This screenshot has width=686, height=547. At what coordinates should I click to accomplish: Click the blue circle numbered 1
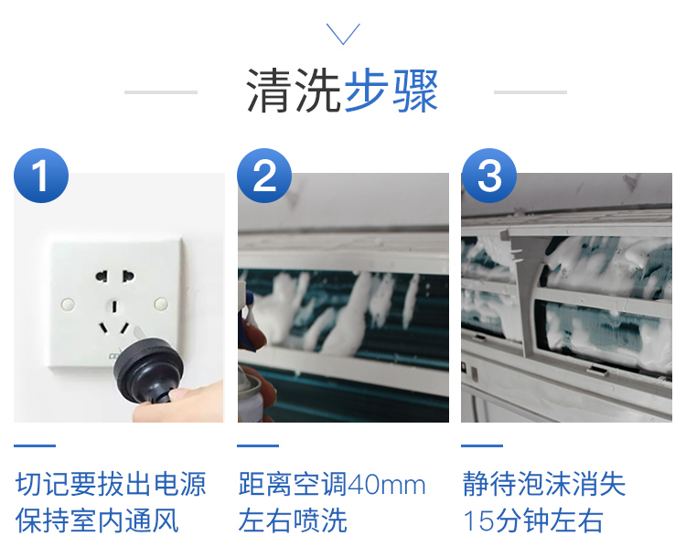pos(41,176)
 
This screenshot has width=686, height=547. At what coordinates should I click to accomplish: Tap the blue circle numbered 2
pos(264,176)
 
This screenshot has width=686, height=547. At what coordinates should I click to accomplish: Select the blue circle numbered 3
pos(489,176)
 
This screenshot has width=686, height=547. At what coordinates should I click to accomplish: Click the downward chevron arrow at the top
pos(343,34)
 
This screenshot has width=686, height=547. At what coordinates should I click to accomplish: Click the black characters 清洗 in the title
pos(294,91)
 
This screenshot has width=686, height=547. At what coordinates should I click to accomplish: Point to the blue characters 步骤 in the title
pos(391,91)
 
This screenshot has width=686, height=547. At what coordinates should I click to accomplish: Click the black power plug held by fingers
pos(149,370)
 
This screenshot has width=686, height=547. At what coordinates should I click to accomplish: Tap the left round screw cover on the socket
pos(68,304)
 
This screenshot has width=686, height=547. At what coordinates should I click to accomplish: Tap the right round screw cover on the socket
pos(161,304)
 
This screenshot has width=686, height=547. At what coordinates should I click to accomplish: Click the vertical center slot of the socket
pos(114,306)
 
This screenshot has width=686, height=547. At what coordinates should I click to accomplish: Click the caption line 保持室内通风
pos(97,520)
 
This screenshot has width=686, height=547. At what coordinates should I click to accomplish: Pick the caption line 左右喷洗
pos(293,520)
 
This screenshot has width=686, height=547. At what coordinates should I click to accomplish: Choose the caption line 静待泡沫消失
pos(544,485)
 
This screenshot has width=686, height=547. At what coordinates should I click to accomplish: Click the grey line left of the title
pos(161,92)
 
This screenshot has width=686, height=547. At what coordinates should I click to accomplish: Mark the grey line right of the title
pos(531,92)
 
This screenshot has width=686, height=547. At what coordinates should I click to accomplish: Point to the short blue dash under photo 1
pos(35,445)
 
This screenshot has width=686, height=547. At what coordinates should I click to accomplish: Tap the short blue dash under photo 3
pos(482,445)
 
